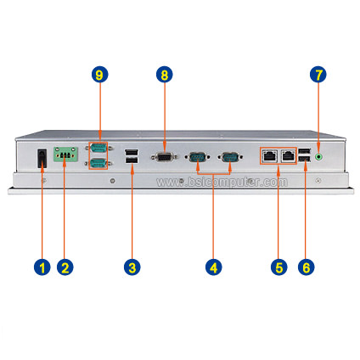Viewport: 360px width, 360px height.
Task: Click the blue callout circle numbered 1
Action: [42, 267]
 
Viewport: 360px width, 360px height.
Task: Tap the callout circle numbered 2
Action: [65, 267]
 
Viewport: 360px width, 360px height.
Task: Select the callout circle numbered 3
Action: [132, 267]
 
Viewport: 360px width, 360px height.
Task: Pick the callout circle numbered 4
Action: [214, 267]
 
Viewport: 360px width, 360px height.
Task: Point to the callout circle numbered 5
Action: [279, 267]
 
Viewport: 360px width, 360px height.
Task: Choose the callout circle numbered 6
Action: [307, 267]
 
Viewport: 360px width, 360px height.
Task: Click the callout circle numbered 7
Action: [318, 75]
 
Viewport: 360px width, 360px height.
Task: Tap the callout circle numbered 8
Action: [165, 75]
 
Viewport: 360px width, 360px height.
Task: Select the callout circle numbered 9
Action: [99, 75]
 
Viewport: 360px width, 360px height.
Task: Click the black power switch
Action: [42, 158]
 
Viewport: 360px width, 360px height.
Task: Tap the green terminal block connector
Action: [65, 155]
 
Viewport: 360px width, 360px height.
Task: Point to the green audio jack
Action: [319, 156]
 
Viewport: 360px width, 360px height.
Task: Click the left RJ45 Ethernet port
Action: [269, 155]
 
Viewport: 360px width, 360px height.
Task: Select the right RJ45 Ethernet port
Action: [288, 155]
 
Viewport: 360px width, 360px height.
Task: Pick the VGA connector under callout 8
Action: [165, 156]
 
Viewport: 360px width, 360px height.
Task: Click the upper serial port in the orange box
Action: [98, 148]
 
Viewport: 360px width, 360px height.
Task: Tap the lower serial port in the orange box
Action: [98, 163]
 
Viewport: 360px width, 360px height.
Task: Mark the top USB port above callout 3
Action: [132, 153]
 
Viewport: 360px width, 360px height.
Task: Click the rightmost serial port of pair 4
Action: [230, 156]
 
